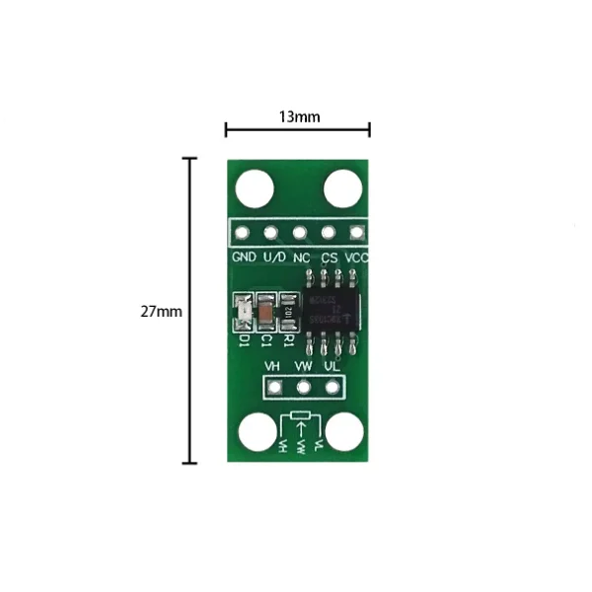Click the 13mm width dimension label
point(298,116)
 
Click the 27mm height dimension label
point(161,311)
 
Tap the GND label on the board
point(244,257)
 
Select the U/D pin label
point(273,257)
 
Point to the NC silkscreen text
point(301,257)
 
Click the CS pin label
point(330,257)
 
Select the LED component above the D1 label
point(242,314)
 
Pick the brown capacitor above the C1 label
point(265,314)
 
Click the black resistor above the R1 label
point(288,313)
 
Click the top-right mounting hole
point(342,188)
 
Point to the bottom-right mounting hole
point(345,433)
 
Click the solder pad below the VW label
point(304,388)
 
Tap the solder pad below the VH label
point(276,388)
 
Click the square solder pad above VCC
point(356,234)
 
